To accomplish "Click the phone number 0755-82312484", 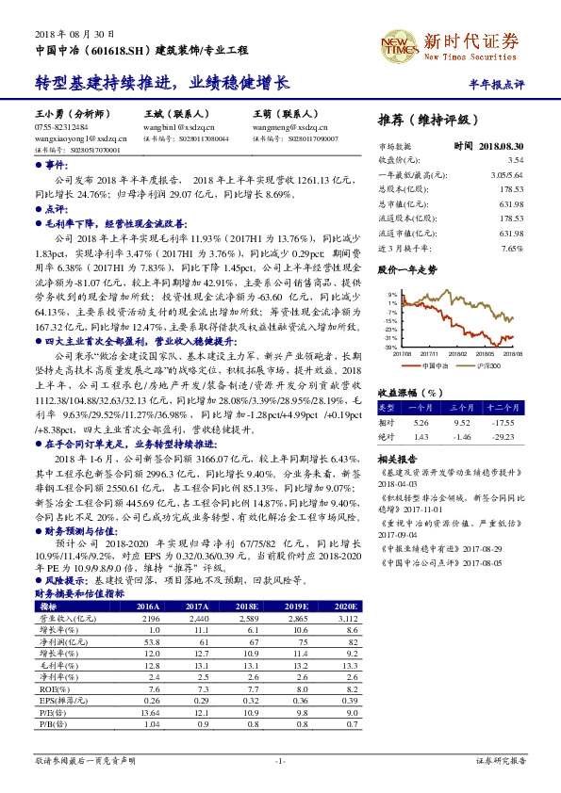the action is (61, 125).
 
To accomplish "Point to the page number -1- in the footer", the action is (280, 759).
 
